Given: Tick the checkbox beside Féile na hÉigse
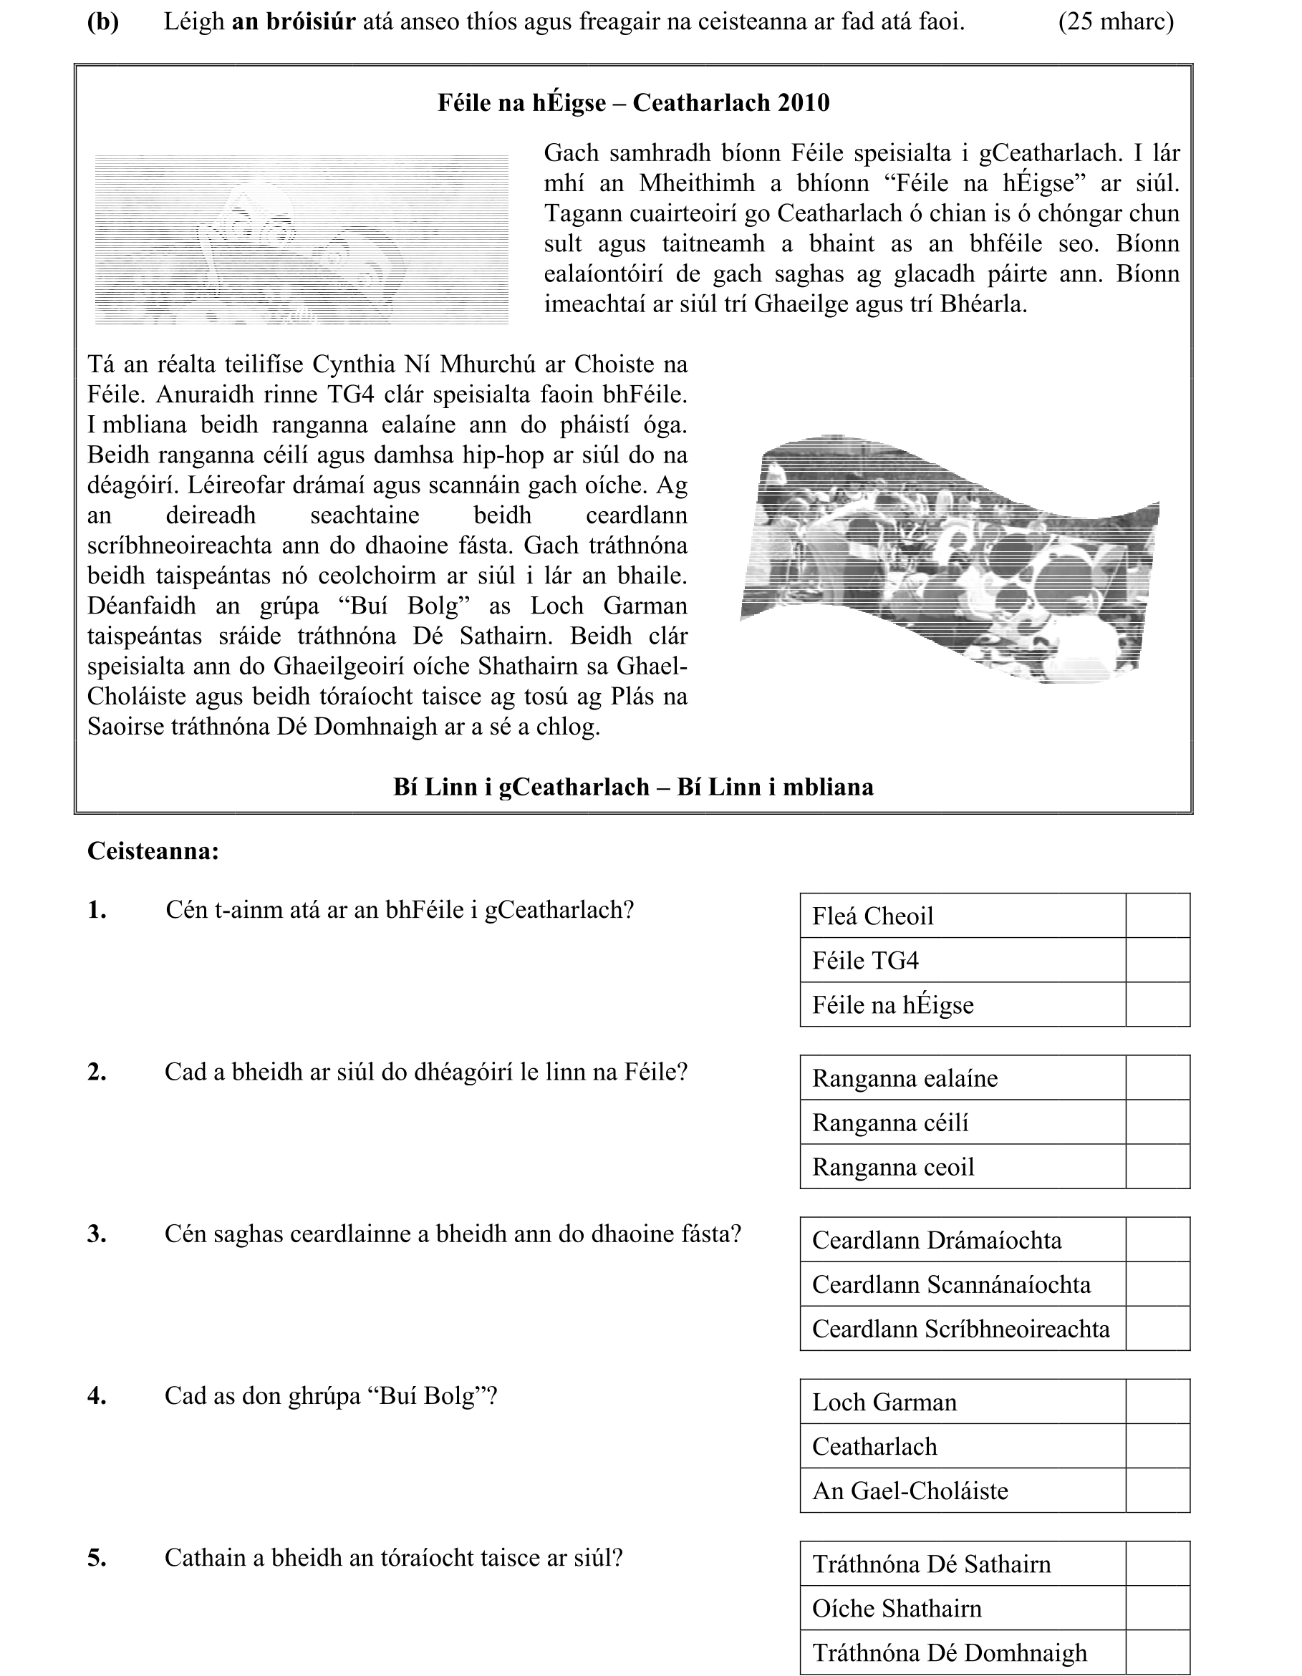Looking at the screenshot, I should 1157,1004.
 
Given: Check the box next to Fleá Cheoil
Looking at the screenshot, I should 1157,916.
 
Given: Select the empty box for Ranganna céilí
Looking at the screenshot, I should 1157,1123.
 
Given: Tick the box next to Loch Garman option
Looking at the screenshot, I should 1157,1402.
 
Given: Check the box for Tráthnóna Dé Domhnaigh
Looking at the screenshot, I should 1157,1652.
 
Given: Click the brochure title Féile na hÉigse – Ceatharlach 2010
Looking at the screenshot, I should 633,103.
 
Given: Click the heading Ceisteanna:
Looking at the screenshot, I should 153,851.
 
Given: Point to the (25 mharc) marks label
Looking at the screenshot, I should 1116,22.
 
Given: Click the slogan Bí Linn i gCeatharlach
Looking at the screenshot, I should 521,788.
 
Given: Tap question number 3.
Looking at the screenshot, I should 97,1234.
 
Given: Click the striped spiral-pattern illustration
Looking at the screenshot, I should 301,239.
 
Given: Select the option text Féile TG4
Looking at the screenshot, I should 865,961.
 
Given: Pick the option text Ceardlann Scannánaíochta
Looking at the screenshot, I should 951,1284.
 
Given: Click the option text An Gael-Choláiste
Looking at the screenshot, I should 910,1491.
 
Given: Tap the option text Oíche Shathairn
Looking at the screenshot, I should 897,1609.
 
